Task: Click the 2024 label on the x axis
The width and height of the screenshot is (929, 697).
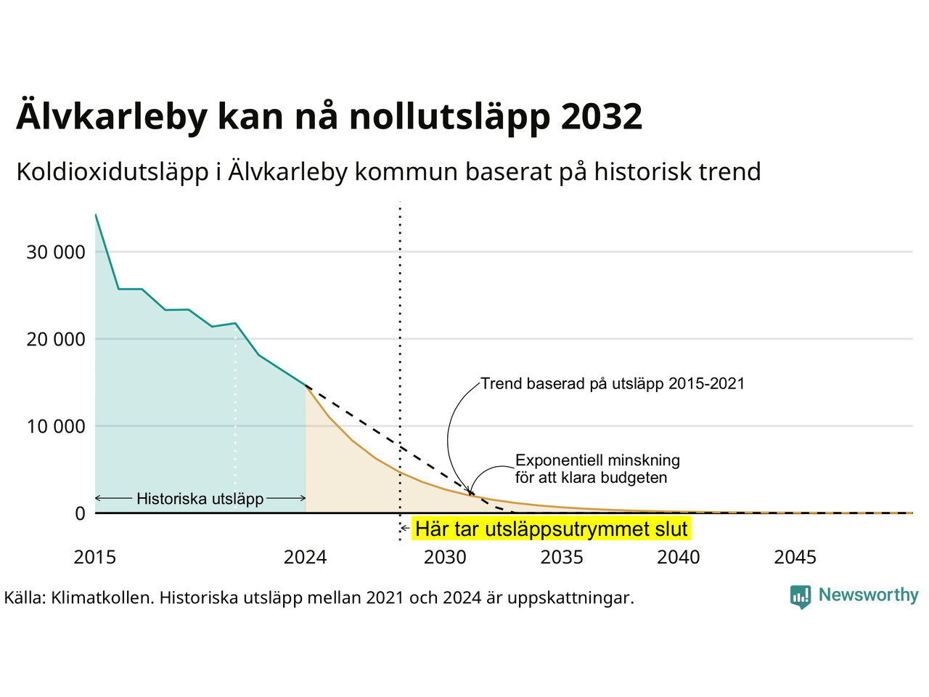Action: [x=305, y=557]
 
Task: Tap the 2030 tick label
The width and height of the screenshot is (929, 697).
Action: [x=445, y=557]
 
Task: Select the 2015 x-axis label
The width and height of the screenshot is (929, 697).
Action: [x=95, y=557]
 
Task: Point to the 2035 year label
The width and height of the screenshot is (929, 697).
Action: [x=562, y=557]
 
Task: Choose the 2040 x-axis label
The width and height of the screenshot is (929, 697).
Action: [x=678, y=557]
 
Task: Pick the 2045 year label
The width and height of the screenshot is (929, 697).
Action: [x=795, y=557]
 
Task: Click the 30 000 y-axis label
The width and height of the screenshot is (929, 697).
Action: [x=56, y=252]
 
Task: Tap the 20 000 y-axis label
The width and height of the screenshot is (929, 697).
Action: [x=56, y=339]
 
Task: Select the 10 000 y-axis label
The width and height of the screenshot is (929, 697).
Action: [x=56, y=426]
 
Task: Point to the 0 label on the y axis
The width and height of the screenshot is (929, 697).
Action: [x=80, y=513]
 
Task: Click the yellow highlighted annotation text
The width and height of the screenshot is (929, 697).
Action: [x=551, y=529]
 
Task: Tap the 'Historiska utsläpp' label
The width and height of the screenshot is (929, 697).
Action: [x=200, y=499]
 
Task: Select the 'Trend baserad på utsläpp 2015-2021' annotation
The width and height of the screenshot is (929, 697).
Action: [x=613, y=383]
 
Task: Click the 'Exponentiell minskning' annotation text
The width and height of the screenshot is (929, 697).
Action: [x=597, y=460]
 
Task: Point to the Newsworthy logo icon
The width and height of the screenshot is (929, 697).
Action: [x=801, y=597]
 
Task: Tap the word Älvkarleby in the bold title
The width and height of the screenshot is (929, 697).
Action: [x=112, y=115]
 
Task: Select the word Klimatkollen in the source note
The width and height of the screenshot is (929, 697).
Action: [x=102, y=598]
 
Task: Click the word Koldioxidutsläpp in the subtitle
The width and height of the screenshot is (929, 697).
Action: [x=112, y=172]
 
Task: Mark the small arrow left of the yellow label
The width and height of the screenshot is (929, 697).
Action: [x=404, y=528]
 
